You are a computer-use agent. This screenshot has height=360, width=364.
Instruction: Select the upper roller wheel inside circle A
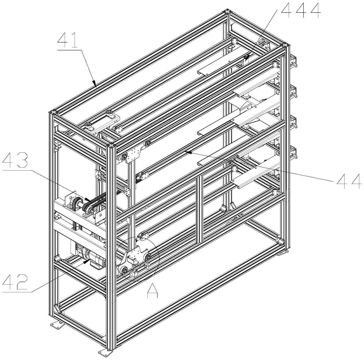pyautogui.click(x=147, y=257)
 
